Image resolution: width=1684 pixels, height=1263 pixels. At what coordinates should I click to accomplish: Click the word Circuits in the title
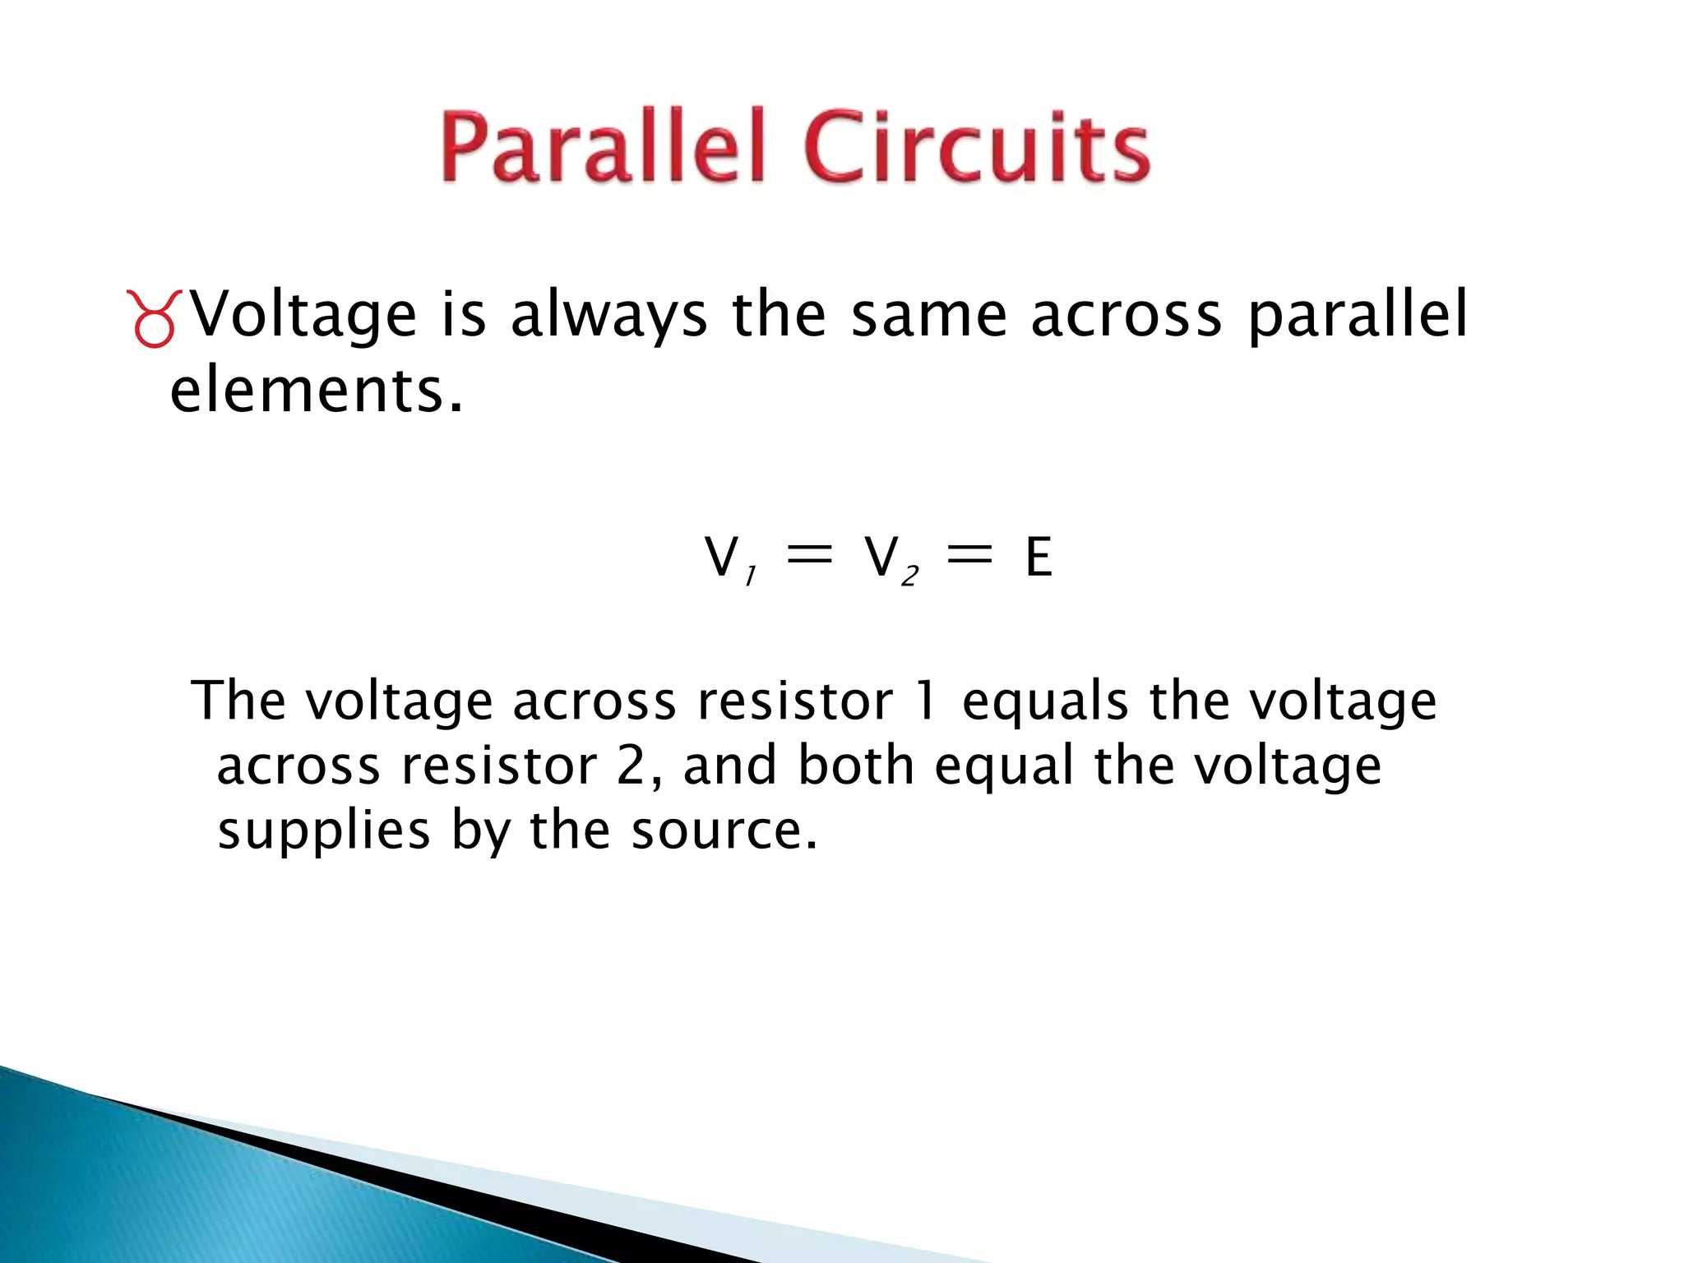(x=977, y=148)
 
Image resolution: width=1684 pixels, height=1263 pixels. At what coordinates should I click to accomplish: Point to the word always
(x=608, y=316)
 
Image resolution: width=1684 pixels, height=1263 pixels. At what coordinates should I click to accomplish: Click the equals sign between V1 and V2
(x=809, y=556)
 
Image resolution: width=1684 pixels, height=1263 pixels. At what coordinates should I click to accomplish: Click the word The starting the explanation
(x=238, y=701)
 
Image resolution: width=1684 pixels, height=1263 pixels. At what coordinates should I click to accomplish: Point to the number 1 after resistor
(x=926, y=701)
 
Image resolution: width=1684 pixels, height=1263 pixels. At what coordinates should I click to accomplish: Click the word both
(x=856, y=766)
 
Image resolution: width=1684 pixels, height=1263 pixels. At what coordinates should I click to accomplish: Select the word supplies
(x=324, y=831)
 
